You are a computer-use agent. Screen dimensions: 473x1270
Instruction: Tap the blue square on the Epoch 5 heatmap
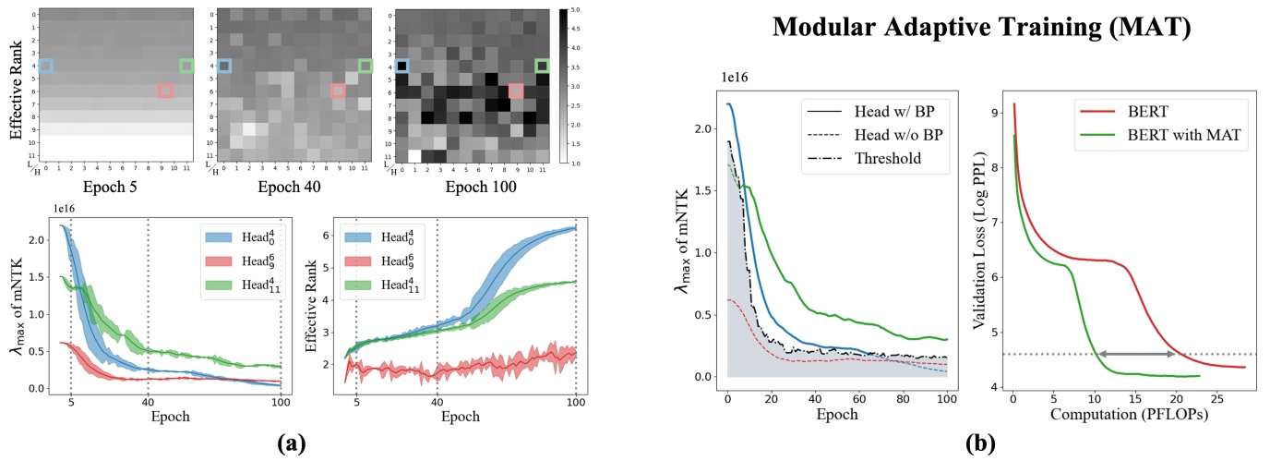pos(46,66)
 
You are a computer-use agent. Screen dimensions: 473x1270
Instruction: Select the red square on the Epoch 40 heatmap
pos(338,91)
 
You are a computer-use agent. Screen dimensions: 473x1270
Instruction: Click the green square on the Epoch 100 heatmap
pos(542,66)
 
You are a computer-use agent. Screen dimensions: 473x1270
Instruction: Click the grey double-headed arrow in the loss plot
pos(1135,354)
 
